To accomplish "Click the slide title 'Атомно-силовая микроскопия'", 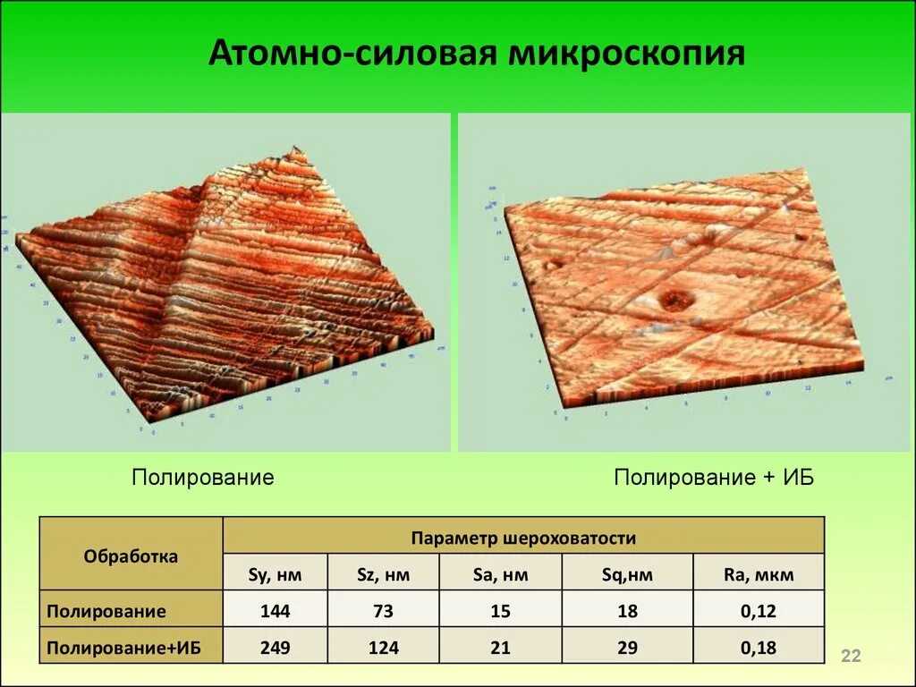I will point(476,54).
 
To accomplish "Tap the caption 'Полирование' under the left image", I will point(202,477).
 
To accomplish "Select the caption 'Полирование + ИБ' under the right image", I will point(713,477).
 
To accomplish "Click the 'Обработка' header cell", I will point(131,556).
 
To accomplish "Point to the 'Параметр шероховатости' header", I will point(523,538).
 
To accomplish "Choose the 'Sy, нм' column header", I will point(276,574).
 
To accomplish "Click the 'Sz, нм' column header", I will point(383,574).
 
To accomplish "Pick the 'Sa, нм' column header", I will point(500,574).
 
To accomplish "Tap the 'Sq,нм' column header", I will point(627,574).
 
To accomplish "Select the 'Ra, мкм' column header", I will point(758,574).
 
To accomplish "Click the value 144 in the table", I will point(276,612).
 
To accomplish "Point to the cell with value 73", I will point(383,612).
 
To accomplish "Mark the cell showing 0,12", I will point(758,612).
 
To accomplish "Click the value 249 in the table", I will point(276,648).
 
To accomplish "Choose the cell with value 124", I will point(383,648).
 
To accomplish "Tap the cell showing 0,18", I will point(758,648).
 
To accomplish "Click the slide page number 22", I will point(850,657).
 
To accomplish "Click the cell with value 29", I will point(627,648).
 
